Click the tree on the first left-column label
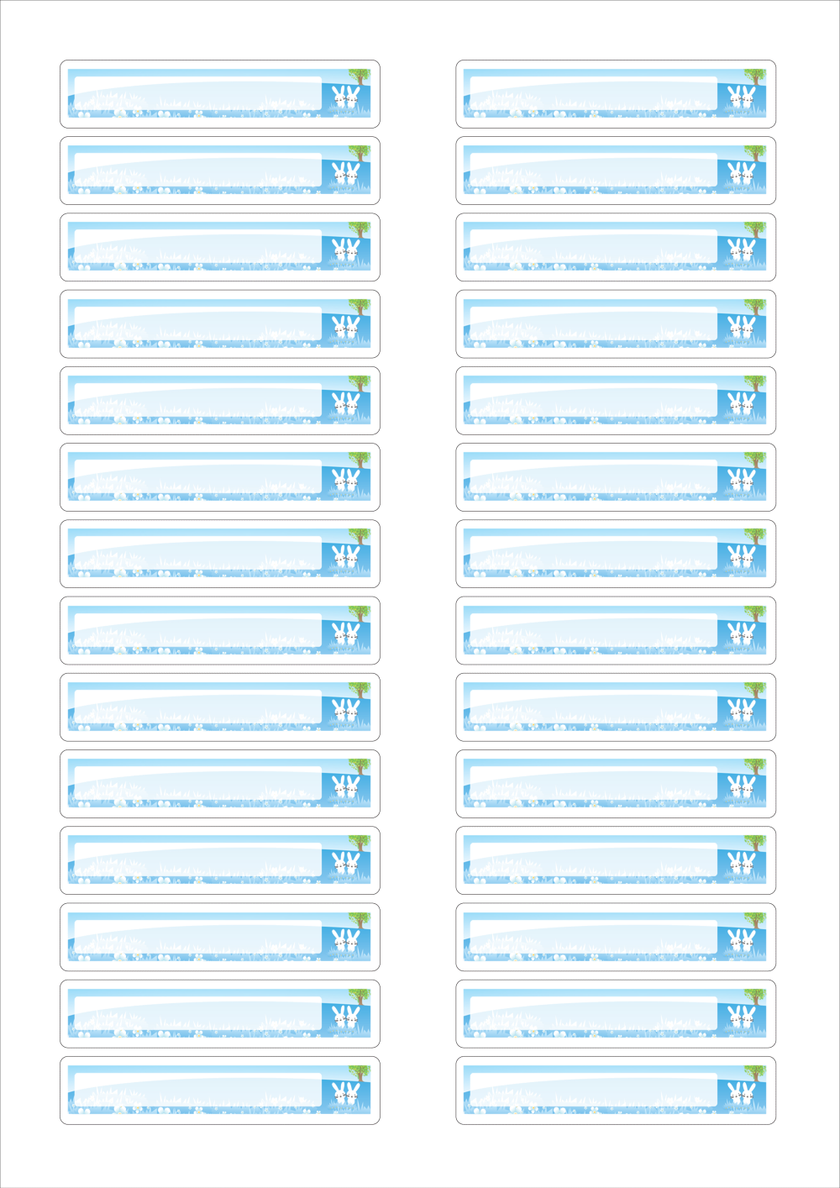pos(359,75)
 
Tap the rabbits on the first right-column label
pos(741,96)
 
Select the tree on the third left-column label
pos(359,229)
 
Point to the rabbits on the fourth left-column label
pos(345,326)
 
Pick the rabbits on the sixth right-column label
pos(741,480)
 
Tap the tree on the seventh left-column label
pos(359,535)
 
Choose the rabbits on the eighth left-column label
pos(345,633)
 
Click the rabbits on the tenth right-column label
pos(741,786)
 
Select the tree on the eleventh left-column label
pos(359,842)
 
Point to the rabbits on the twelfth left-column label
pos(345,939)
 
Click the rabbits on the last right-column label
pos(741,1093)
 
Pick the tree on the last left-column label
pos(359,1072)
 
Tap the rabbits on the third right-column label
pos(741,250)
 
